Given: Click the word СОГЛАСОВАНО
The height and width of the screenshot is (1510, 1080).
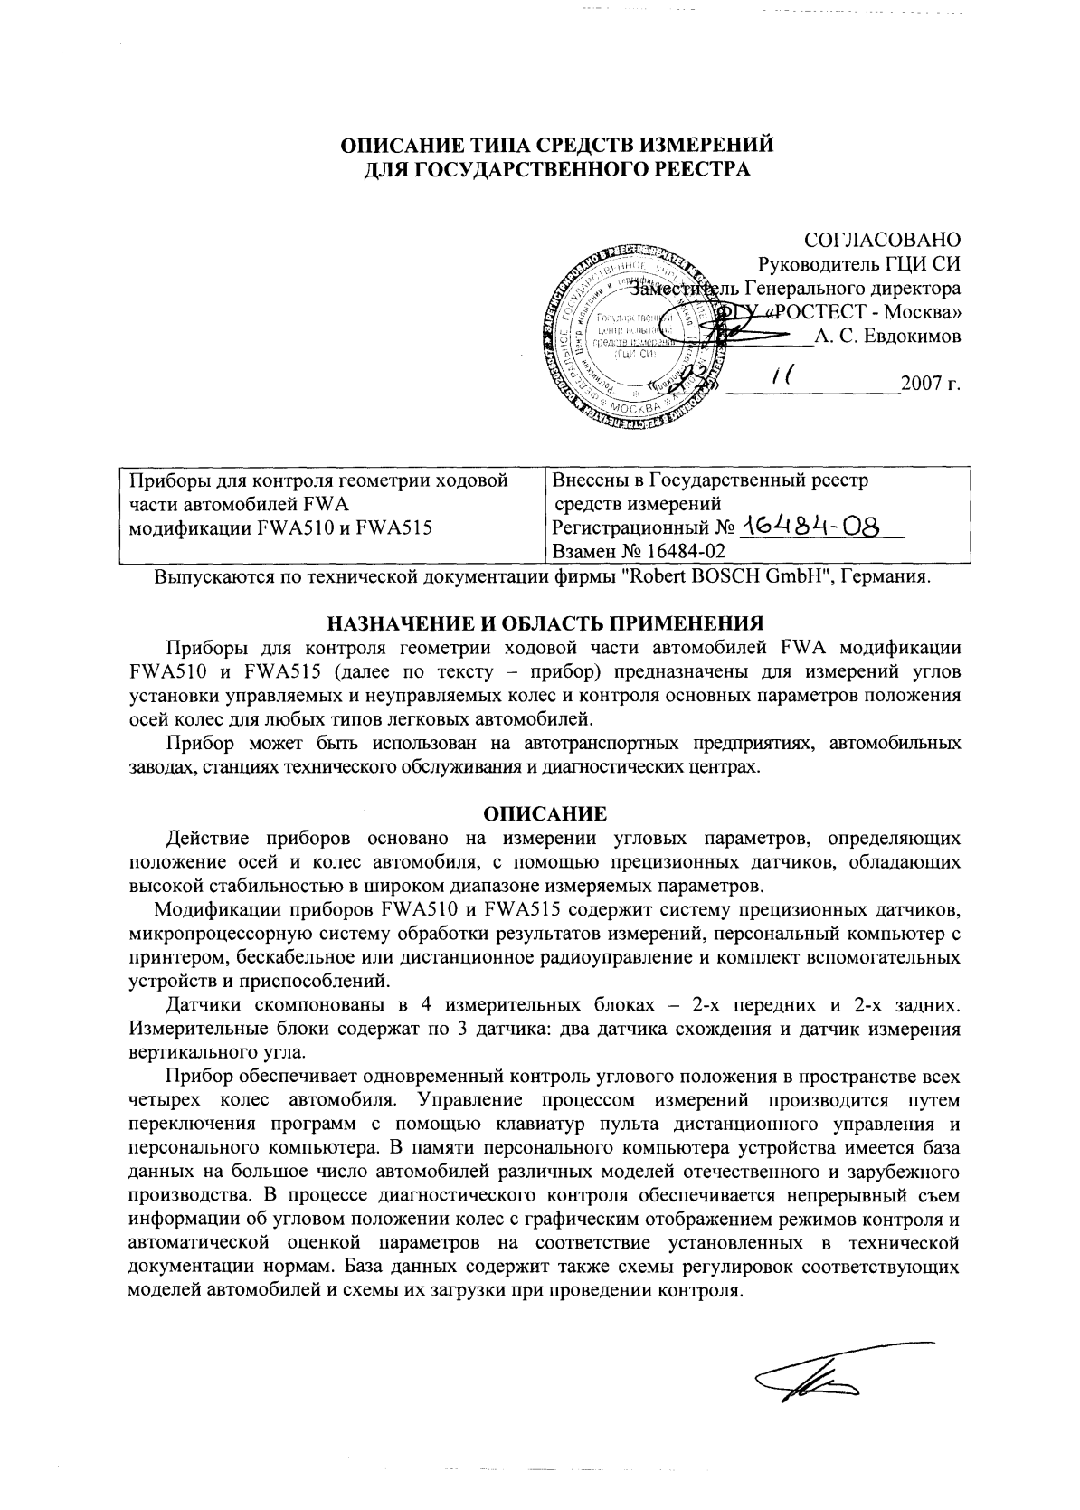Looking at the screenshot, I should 882,241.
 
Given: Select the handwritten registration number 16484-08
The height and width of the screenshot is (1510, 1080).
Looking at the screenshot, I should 810,527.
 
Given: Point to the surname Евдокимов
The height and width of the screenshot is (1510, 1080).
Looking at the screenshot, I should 905,337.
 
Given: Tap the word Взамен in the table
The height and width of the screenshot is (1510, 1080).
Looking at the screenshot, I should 583,550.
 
